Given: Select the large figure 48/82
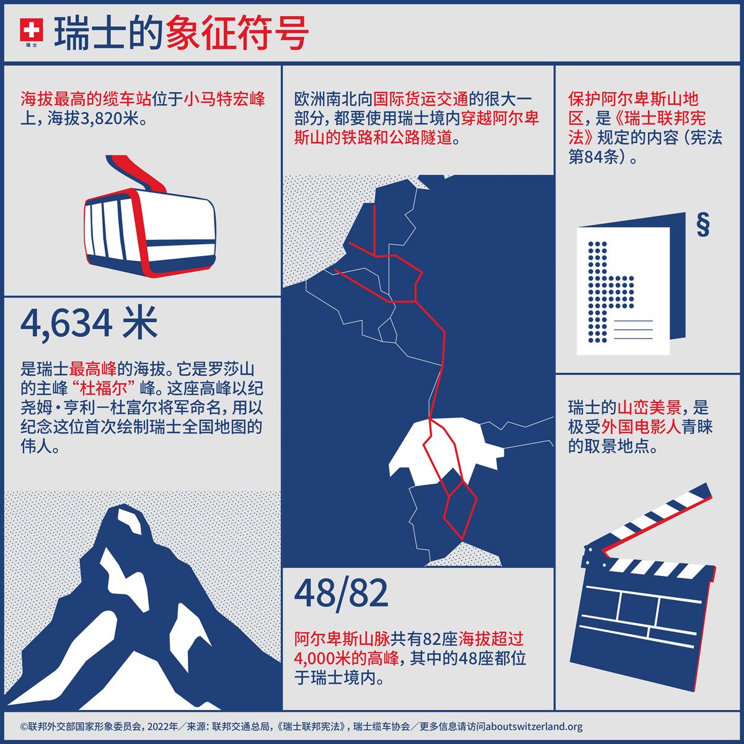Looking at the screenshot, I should point(341,593).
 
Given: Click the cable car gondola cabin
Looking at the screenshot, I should point(149,229).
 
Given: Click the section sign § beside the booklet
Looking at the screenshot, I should point(702,224).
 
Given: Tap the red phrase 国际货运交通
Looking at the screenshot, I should point(421,99).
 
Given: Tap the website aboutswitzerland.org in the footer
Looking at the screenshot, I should point(534,727).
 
